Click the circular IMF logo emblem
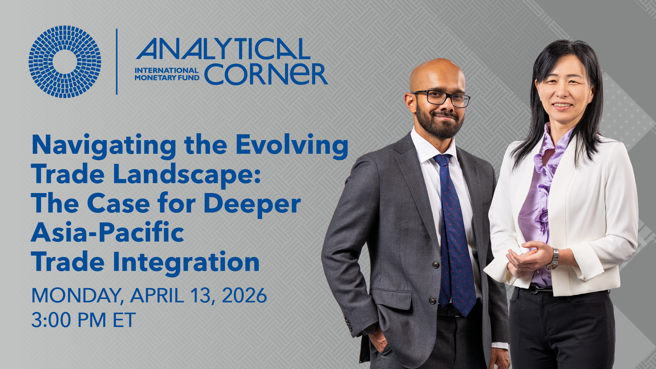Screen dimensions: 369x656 [x=65, y=62]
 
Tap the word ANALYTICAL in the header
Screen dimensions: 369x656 [x=223, y=49]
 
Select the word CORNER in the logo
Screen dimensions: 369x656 [x=266, y=74]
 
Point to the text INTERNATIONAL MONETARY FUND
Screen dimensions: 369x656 [x=167, y=74]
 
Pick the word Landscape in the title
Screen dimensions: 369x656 [x=187, y=174]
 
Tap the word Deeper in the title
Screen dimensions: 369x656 [x=252, y=204]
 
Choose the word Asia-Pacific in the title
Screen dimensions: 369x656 [x=108, y=233]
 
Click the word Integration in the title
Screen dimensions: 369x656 [x=186, y=262]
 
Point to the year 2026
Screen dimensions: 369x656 [x=244, y=296]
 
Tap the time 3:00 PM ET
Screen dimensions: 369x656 [x=83, y=320]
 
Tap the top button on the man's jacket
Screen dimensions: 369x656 [x=436, y=264]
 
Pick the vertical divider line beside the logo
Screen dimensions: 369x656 [x=117, y=61]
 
